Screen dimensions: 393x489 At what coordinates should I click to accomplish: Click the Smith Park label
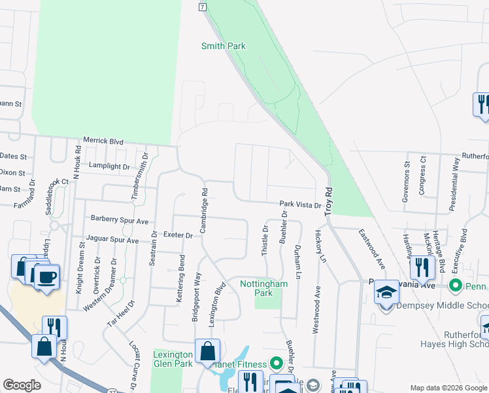[223, 47]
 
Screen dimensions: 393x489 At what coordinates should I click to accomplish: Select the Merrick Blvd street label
[103, 141]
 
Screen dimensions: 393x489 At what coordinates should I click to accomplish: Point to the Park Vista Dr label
[301, 205]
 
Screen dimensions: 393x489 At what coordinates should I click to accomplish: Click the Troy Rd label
[329, 196]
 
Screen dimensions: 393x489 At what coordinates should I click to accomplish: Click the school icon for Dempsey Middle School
[386, 292]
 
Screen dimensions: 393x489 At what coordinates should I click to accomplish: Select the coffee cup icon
[46, 277]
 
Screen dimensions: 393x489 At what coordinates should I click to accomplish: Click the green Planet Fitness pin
[276, 362]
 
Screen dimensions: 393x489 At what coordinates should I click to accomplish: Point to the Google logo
[22, 385]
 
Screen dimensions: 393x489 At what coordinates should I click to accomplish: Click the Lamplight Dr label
[110, 167]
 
